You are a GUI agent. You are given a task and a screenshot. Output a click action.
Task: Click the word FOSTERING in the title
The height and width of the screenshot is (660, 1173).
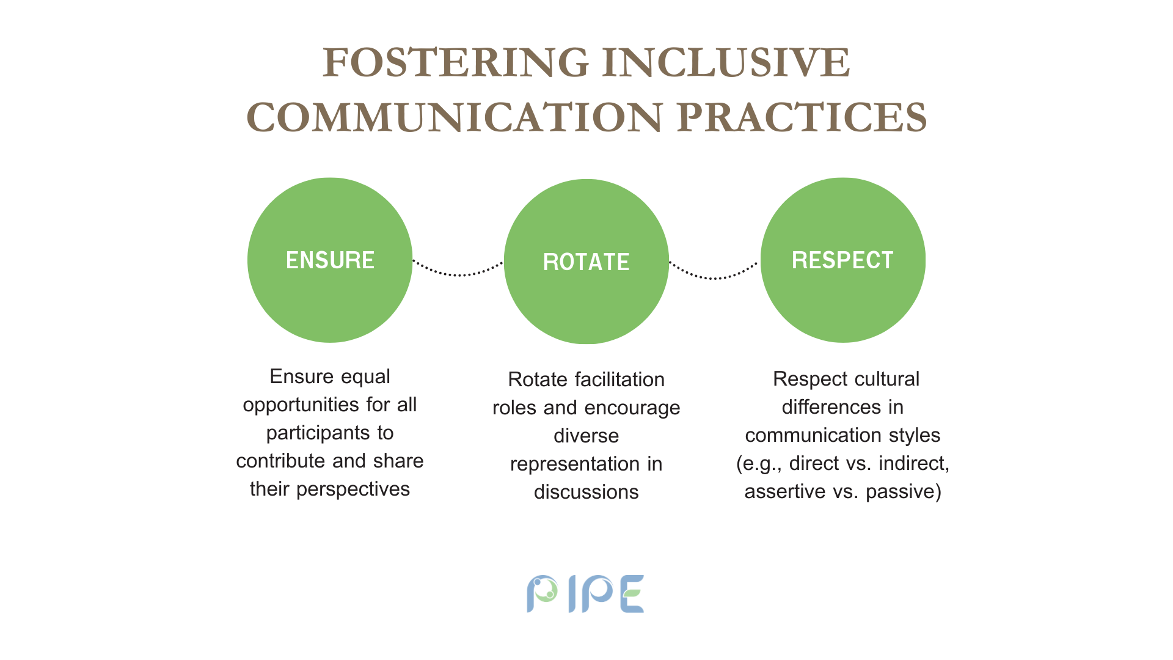[x=456, y=62]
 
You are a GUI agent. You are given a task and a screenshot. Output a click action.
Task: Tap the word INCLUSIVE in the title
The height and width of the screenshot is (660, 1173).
[x=726, y=62]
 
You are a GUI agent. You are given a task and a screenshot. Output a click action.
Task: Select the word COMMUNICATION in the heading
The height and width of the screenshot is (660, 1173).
[x=455, y=117]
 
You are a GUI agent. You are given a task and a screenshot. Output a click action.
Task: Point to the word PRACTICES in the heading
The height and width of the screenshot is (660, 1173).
[x=802, y=117]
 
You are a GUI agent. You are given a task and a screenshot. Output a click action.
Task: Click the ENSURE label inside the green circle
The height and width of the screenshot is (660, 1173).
[x=330, y=260]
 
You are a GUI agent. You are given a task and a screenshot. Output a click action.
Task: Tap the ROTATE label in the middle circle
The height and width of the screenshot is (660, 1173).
[x=586, y=262]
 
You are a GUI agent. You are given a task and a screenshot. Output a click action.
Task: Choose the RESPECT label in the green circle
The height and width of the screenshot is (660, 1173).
[x=843, y=260]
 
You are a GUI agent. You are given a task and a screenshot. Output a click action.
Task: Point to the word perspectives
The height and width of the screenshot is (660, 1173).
[x=353, y=490]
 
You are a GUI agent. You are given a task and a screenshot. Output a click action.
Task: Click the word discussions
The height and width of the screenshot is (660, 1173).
[x=586, y=492]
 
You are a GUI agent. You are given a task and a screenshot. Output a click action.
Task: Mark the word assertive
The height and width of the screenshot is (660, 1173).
[x=785, y=491]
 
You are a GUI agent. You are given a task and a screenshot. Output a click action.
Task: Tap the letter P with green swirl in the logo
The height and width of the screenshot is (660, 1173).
[x=542, y=593]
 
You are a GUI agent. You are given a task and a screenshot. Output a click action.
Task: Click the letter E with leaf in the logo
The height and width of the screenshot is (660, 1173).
[x=632, y=593]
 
